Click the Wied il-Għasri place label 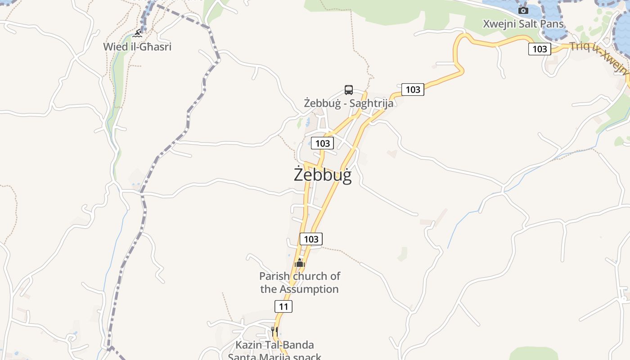[x=137, y=46]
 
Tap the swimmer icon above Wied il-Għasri [x=137, y=34]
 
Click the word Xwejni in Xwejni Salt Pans [x=499, y=24]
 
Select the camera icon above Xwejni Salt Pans [x=523, y=10]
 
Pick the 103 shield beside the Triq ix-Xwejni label [x=540, y=49]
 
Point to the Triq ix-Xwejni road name [x=598, y=58]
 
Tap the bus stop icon [x=349, y=90]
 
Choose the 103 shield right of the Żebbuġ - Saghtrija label [x=413, y=89]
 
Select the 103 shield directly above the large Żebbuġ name [x=322, y=143]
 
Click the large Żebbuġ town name [x=322, y=175]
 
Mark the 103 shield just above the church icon [x=311, y=238]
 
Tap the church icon [x=300, y=263]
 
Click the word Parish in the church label [x=274, y=276]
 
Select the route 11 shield [x=283, y=306]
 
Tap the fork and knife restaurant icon [x=274, y=331]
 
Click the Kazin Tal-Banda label [x=274, y=345]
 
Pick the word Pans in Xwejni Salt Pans [x=553, y=24]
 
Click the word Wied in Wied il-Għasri [x=115, y=46]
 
